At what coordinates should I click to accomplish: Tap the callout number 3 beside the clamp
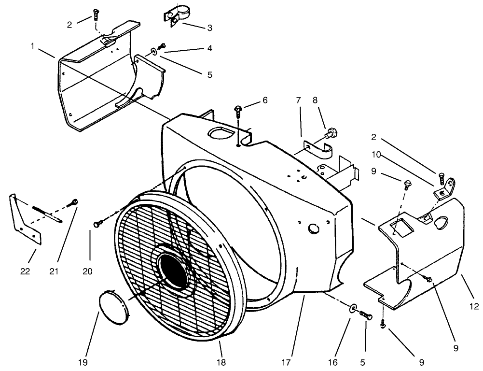coord(209,28)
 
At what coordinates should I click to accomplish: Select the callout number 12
coord(474,306)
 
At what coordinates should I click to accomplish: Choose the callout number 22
coord(25,271)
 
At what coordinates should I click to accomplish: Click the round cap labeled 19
coord(113,306)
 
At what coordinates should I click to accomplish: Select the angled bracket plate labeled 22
coord(24,217)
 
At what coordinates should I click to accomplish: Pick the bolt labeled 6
coord(238,111)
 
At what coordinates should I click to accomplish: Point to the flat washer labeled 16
coord(353,308)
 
